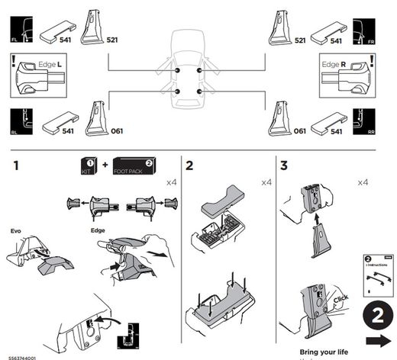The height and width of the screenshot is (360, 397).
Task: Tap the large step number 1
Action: (x=15, y=166)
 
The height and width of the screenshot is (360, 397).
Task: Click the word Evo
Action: (x=16, y=230)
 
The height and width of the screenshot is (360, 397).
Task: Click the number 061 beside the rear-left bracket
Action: (x=117, y=131)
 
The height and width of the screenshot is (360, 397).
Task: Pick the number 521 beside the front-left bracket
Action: (x=112, y=40)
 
